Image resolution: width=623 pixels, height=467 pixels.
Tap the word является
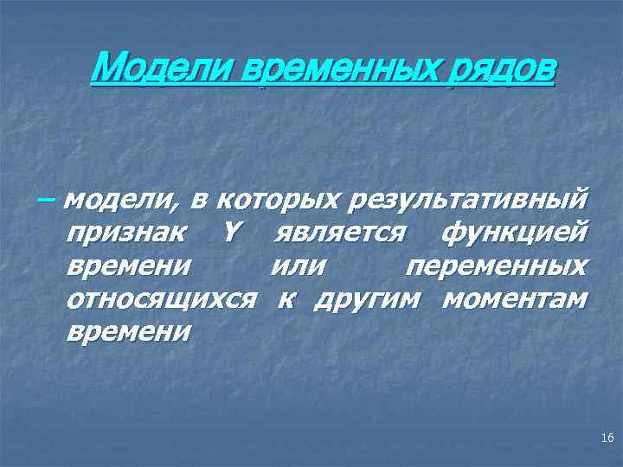(339, 233)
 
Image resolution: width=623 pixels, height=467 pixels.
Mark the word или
(299, 266)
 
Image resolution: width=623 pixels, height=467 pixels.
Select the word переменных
(496, 266)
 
